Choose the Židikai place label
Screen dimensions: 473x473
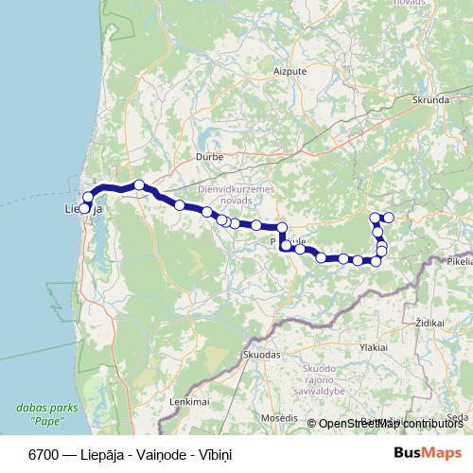pyautogui.click(x=429, y=323)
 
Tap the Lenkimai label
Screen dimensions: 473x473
pyautogui.click(x=186, y=402)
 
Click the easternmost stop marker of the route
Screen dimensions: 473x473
pyautogui.click(x=389, y=218)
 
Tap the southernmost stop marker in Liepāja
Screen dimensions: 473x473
pyautogui.click(x=84, y=209)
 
